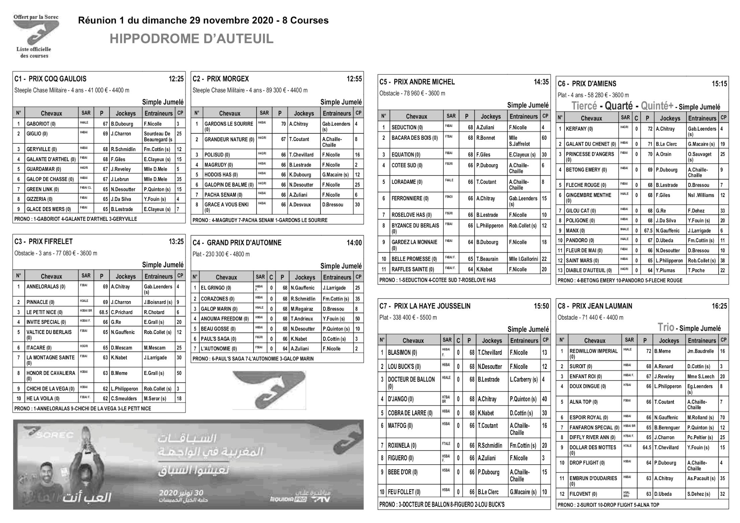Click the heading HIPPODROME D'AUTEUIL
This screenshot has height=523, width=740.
(x=192, y=39)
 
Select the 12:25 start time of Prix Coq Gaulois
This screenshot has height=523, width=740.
(x=176, y=79)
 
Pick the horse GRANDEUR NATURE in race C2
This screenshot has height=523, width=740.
(x=229, y=139)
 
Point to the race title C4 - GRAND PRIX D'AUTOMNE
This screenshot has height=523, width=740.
(x=237, y=243)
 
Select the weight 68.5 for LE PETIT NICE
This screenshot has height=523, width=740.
(x=103, y=312)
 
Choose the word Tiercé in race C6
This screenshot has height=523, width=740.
(x=584, y=106)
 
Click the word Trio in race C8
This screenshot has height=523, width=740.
(x=666, y=327)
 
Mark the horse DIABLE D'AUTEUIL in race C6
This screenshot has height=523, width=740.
(x=589, y=271)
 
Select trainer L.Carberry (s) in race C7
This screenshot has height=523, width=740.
(x=524, y=380)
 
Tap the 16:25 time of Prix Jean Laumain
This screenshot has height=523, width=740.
(x=719, y=306)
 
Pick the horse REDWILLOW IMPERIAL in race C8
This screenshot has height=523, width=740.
(x=593, y=351)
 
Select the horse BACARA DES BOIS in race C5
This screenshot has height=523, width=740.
(x=415, y=138)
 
